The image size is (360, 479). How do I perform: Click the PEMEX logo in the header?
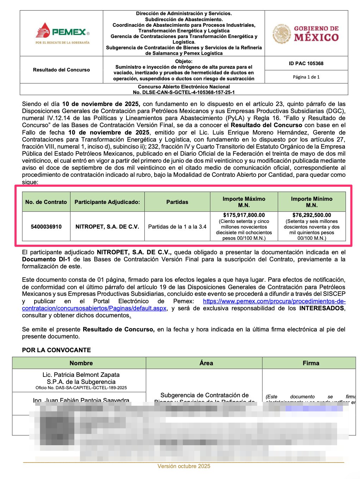coord(62,33)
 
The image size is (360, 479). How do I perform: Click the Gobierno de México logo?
coord(306,33)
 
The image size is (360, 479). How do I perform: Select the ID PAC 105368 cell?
coord(306,63)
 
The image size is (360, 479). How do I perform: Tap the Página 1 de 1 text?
coord(306,77)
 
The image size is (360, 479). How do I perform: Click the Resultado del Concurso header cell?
coord(61,70)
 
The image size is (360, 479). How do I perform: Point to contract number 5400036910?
coord(46,226)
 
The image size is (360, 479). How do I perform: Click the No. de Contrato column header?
coord(46,202)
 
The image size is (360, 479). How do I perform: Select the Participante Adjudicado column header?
coord(107,202)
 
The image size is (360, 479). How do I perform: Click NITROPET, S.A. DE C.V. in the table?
coord(107,226)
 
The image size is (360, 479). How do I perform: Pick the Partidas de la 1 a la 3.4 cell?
coord(177,226)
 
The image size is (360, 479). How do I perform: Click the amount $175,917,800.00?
coord(244,215)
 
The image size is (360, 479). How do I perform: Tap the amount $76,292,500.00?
coord(311,215)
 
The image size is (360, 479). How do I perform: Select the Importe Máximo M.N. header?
coord(244,202)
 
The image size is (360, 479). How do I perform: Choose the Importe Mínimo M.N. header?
coord(311,202)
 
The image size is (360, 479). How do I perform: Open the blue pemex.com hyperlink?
coord(274,301)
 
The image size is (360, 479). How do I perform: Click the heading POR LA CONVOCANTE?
coord(56,350)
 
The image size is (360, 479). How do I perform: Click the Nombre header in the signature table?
coord(81,363)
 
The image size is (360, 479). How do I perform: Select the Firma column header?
coord(311,363)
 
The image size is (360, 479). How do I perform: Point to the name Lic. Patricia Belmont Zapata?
coord(81,375)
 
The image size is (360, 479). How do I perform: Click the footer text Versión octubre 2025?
coord(184,466)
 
